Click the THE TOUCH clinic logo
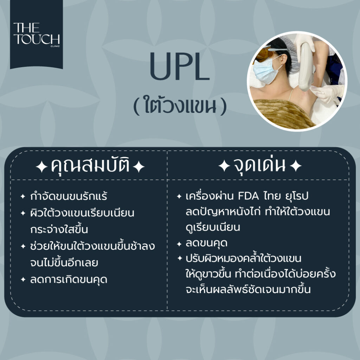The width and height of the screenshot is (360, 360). (x=37, y=34)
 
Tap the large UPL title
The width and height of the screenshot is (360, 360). (x=180, y=66)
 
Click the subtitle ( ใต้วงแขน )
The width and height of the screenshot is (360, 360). (x=180, y=105)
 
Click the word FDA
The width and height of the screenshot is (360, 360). (x=248, y=196)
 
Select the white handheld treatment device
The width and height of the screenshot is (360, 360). (x=306, y=66)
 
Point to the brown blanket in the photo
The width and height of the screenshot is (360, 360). (x=282, y=114)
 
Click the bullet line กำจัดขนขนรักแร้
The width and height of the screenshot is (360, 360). (x=69, y=196)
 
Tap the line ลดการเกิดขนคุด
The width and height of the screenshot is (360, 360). (x=69, y=279)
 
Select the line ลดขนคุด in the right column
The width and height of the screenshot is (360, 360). (x=206, y=243)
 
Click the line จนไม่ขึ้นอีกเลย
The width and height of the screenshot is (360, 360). (x=64, y=263)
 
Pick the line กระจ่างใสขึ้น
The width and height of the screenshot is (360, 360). (x=59, y=229)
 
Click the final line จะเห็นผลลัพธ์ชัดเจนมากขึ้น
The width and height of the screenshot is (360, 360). (x=248, y=289)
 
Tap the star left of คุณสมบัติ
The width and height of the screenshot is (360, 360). (x=42, y=167)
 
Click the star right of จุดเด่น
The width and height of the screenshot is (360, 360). (x=296, y=166)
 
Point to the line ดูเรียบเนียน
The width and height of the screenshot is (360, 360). (x=213, y=227)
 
